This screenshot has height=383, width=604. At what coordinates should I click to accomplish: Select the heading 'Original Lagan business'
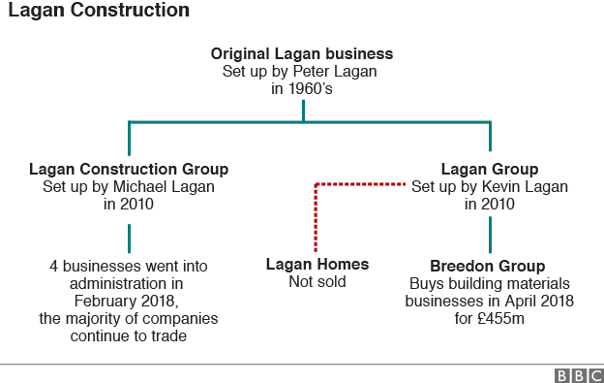pyautogui.click(x=302, y=52)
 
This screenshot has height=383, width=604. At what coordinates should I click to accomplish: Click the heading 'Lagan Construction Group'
pyautogui.click(x=129, y=169)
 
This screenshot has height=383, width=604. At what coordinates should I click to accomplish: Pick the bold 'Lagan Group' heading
pyautogui.click(x=489, y=169)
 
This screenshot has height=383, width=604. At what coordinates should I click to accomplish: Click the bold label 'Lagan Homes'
pyautogui.click(x=317, y=265)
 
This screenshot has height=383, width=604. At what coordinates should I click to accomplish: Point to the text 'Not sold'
pyautogui.click(x=317, y=282)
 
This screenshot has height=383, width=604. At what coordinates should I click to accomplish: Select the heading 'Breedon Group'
pyautogui.click(x=489, y=266)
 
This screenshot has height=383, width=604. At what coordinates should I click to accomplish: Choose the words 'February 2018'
pyautogui.click(x=128, y=301)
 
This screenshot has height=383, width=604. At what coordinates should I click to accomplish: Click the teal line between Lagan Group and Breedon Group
pyautogui.click(x=490, y=234)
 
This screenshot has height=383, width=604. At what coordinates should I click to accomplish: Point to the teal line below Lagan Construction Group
pyautogui.click(x=129, y=238)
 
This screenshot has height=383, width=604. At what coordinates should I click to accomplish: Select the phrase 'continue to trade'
pyautogui.click(x=128, y=335)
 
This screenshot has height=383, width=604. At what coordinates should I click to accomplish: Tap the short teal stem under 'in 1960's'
pyautogui.click(x=303, y=110)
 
